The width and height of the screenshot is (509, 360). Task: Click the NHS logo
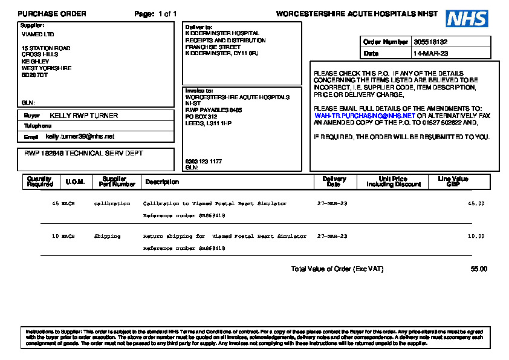coord(467,19)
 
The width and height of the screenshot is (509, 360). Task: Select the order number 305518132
coord(430,42)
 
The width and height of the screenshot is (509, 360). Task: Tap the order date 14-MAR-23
coord(430,53)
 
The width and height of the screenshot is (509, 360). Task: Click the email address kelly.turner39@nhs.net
coord(80,137)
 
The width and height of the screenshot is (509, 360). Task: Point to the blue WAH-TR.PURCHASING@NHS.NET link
coord(365,115)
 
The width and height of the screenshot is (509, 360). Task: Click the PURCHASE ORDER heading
coord(52,13)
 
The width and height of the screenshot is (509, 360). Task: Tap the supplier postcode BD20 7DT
coord(34,75)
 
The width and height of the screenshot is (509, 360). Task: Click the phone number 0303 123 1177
coord(203,162)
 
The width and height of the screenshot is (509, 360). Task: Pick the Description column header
coord(162,182)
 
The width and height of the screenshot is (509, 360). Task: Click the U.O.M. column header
coord(75,182)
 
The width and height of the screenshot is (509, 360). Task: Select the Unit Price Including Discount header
coord(392,182)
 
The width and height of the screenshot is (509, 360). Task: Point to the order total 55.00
coord(479,269)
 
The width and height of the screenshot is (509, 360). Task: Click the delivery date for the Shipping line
coord(332,236)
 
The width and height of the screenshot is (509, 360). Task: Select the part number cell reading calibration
coord(112,204)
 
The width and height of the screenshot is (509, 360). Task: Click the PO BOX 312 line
coord(201,116)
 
